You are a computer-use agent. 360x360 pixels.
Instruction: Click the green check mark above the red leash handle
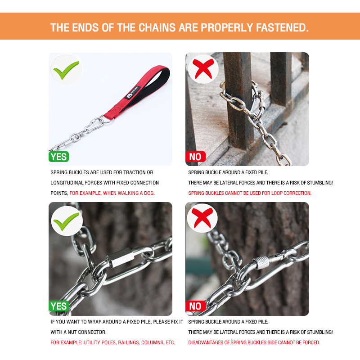pyautogui.click(x=66, y=70)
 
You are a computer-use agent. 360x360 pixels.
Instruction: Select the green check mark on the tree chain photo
pyautogui.click(x=66, y=221)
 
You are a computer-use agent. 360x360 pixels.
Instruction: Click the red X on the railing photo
pyautogui.click(x=203, y=69)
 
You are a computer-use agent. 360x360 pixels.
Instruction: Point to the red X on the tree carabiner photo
pyautogui.click(x=202, y=218)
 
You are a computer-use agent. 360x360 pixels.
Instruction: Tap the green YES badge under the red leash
pyautogui.click(x=59, y=157)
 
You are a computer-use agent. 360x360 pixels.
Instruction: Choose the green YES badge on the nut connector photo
pyautogui.click(x=59, y=306)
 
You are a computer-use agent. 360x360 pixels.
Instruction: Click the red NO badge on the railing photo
pyautogui.click(x=195, y=157)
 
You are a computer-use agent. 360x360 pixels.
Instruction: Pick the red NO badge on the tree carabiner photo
pyautogui.click(x=195, y=306)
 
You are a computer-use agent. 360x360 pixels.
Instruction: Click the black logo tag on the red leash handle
pyautogui.click(x=133, y=93)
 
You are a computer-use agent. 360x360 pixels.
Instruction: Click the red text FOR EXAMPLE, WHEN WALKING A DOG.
pyautogui.click(x=112, y=193)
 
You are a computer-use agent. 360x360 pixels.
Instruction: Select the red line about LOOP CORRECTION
pyautogui.click(x=250, y=193)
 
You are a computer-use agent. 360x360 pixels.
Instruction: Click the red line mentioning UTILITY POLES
pyautogui.click(x=113, y=342)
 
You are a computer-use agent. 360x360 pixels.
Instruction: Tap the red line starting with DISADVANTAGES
pyautogui.click(x=254, y=342)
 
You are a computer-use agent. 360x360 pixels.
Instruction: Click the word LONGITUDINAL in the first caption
pyautogui.click(x=67, y=183)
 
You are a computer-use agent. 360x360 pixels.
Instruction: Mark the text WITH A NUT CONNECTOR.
pyautogui.click(x=78, y=332)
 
